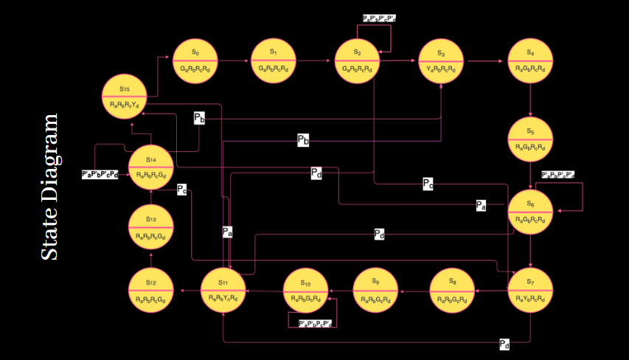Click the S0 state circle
coord(195,60)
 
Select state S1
coord(273,60)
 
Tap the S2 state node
coord(357,60)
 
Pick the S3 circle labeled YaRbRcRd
coord(441,60)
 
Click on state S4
coord(530,60)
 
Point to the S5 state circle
coord(530,139)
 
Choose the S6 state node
coord(530,212)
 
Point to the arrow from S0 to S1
coord(234,61)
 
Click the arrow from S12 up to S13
coord(150,259)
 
